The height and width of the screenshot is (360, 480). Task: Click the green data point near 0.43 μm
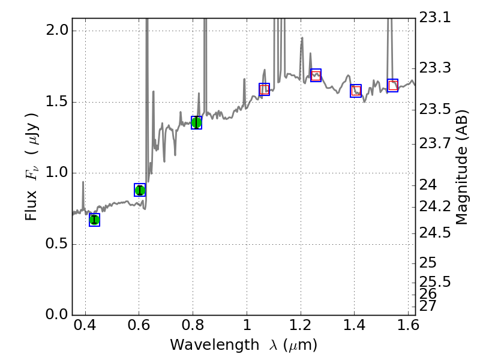tap(94, 220)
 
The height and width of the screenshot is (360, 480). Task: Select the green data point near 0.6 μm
tap(140, 190)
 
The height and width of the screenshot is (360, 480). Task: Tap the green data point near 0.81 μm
tap(196, 122)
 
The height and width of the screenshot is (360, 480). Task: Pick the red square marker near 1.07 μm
tap(264, 89)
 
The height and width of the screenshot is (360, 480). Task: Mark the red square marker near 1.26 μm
tap(316, 76)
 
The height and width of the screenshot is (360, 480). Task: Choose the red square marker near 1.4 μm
tap(356, 91)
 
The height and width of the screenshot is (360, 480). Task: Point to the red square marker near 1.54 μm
tap(392, 85)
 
